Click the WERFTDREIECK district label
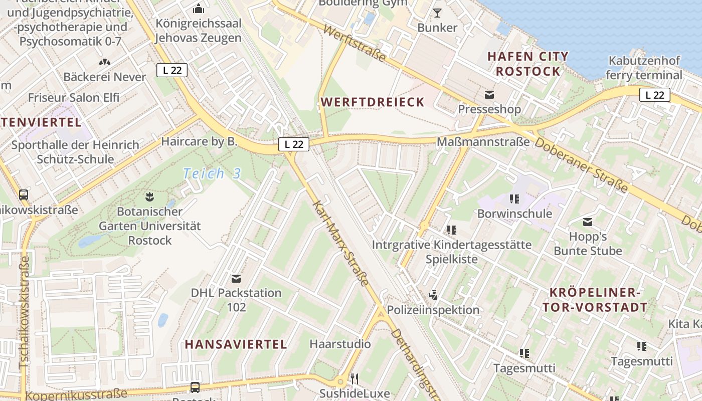(373, 102)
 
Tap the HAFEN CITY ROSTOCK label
(528, 64)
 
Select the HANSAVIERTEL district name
(236, 344)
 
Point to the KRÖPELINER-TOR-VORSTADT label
(595, 300)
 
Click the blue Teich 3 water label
(212, 174)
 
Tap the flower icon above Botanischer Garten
(149, 195)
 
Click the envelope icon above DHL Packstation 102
(236, 278)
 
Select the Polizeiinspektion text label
(433, 310)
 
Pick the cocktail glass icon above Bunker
(437, 13)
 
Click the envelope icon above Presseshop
(489, 94)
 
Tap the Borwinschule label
(514, 214)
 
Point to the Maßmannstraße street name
(483, 142)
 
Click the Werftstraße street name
(355, 44)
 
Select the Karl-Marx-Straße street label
(340, 243)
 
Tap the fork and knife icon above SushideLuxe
(355, 378)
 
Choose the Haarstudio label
(340, 344)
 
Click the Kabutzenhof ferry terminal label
(644, 68)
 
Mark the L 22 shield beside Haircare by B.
(294, 144)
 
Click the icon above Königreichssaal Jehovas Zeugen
(199, 9)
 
